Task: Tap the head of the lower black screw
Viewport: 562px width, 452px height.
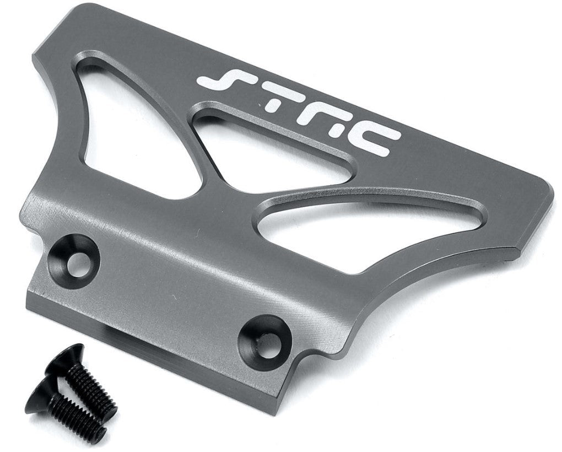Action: (x=41, y=391)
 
